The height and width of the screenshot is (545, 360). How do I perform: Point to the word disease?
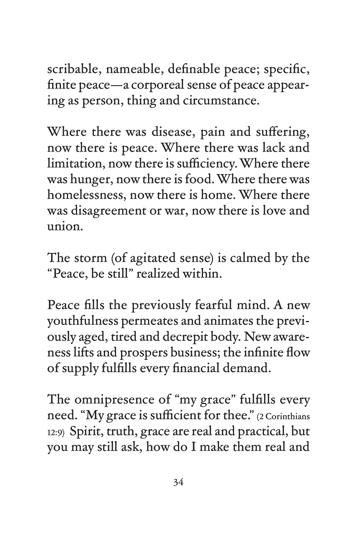(169, 132)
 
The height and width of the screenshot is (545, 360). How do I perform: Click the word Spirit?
(86, 432)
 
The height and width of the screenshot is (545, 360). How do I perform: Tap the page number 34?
(178, 483)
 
